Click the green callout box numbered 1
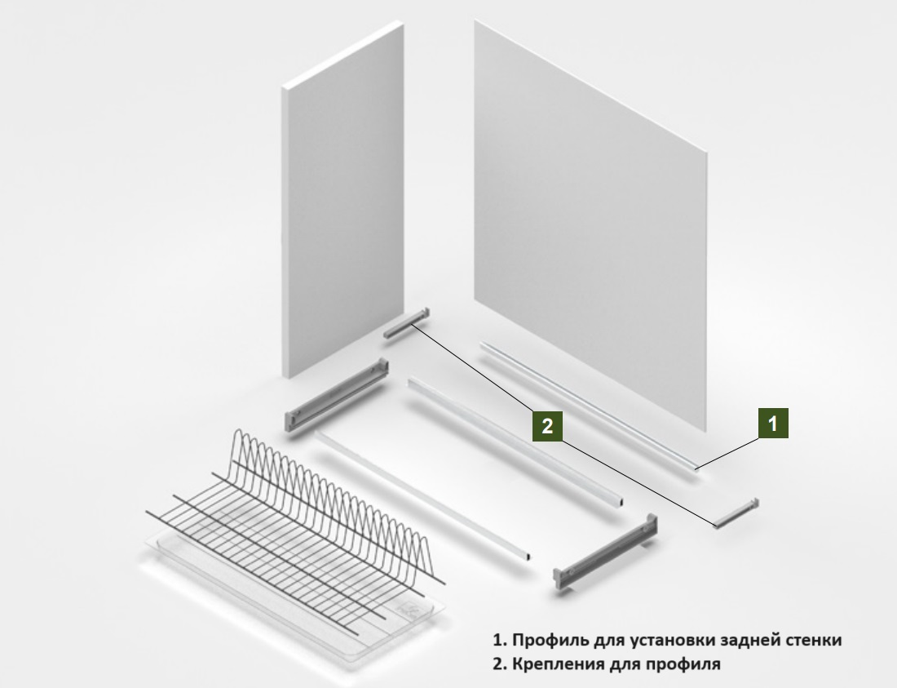pyautogui.click(x=773, y=424)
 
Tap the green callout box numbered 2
pyautogui.click(x=547, y=426)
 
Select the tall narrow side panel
pyautogui.click(x=342, y=200)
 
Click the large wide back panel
pyautogui.click(x=590, y=226)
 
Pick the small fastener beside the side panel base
pyautogui.click(x=406, y=323)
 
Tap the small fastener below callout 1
pyautogui.click(x=737, y=513)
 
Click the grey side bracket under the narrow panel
pyautogui.click(x=336, y=395)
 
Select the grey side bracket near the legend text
pyautogui.click(x=605, y=549)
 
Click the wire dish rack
pyautogui.click(x=294, y=530)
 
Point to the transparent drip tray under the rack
pyautogui.click(x=298, y=595)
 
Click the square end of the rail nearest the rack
pyautogui.click(x=526, y=556)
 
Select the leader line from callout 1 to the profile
pyautogui.click(x=727, y=454)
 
